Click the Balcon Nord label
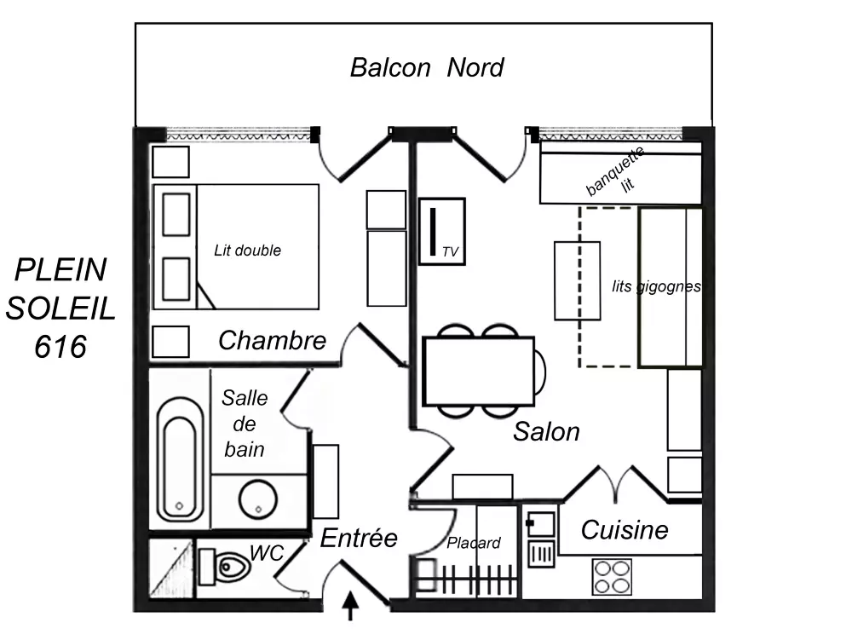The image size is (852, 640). click(427, 67)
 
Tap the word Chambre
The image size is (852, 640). click(272, 341)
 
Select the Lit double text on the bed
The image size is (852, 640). click(247, 251)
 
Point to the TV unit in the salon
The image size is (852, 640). click(441, 230)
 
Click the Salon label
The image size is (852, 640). click(546, 432)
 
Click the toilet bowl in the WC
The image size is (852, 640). click(227, 565)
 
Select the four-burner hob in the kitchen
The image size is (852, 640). click(612, 576)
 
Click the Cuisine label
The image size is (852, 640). click(625, 530)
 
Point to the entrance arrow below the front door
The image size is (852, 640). click(351, 609)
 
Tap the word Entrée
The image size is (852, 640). click(359, 539)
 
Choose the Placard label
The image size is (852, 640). click(474, 542)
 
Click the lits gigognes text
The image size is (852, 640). click(656, 286)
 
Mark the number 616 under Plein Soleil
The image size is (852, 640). click(60, 346)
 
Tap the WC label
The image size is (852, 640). click(266, 552)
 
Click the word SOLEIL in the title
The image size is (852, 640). click(60, 308)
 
